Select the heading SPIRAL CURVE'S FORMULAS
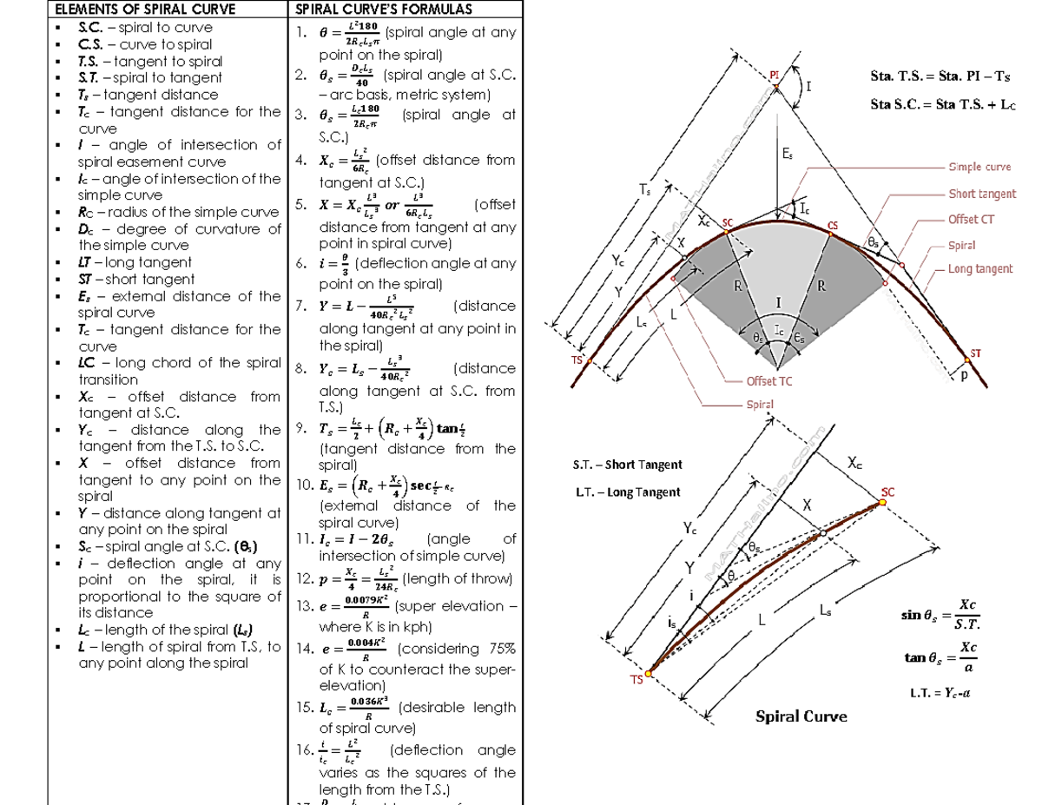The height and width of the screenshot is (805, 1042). (372, 10)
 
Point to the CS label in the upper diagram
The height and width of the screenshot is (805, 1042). (833, 226)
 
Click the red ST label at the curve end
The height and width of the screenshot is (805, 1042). (975, 353)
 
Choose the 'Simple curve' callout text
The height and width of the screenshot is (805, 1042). (979, 167)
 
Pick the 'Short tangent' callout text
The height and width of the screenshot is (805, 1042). (981, 194)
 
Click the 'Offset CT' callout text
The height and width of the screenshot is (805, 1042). (970, 219)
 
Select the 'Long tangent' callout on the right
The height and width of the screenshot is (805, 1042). (979, 269)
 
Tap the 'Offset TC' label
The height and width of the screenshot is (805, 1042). (768, 381)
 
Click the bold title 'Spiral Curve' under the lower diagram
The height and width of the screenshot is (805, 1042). (801, 716)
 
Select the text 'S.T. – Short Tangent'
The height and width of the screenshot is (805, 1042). (628, 465)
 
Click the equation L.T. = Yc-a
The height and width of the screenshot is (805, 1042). (941, 693)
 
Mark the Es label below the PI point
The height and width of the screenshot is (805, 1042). (786, 155)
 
